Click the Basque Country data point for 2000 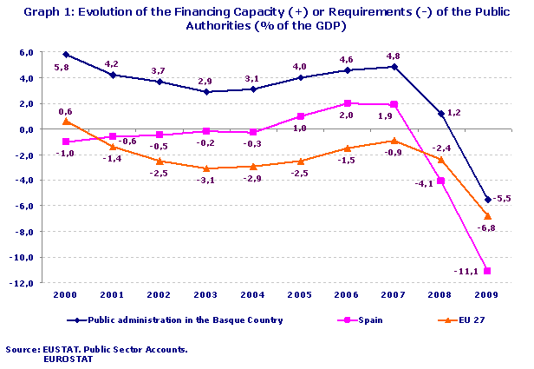pyautogui.click(x=66, y=55)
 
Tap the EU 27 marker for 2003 pyautogui.click(x=206, y=168)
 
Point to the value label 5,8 pyautogui.click(x=62, y=67)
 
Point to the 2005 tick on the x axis pyautogui.click(x=300, y=294)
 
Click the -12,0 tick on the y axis pyautogui.click(x=22, y=283)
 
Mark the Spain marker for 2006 pyautogui.click(x=347, y=103)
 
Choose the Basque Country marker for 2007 pyautogui.click(x=394, y=67)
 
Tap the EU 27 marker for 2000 pyautogui.click(x=66, y=122)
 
